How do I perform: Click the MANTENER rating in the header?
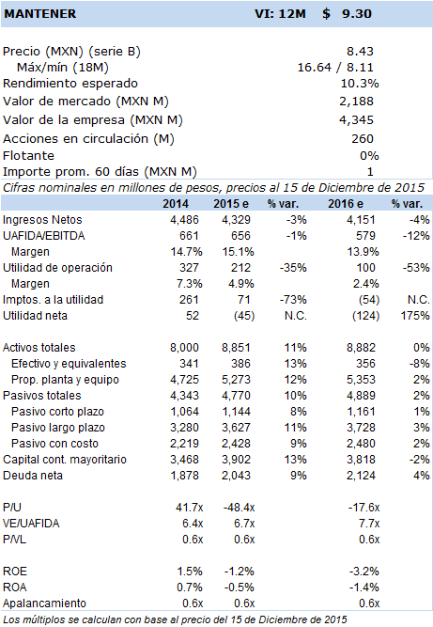click(x=40, y=13)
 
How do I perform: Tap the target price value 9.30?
click(x=357, y=13)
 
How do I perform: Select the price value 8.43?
click(x=360, y=51)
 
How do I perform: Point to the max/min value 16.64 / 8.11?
click(x=335, y=67)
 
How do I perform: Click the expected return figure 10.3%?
click(x=360, y=83)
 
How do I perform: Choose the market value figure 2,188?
click(x=356, y=102)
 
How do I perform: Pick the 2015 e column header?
click(x=231, y=204)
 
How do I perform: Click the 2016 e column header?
click(x=346, y=204)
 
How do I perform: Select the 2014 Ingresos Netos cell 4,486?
click(x=184, y=220)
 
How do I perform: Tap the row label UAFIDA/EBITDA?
click(x=44, y=236)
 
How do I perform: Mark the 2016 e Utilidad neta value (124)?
click(x=365, y=316)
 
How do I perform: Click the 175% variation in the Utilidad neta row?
click(x=415, y=316)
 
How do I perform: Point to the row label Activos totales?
click(x=39, y=348)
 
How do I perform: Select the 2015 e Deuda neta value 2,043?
click(x=236, y=476)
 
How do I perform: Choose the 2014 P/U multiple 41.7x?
click(x=190, y=508)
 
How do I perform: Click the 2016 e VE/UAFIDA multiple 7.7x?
click(x=369, y=524)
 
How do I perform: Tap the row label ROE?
click(x=15, y=572)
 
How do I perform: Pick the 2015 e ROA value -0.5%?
click(x=239, y=588)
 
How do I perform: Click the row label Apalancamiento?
click(x=44, y=603)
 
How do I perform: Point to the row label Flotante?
click(x=28, y=155)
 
